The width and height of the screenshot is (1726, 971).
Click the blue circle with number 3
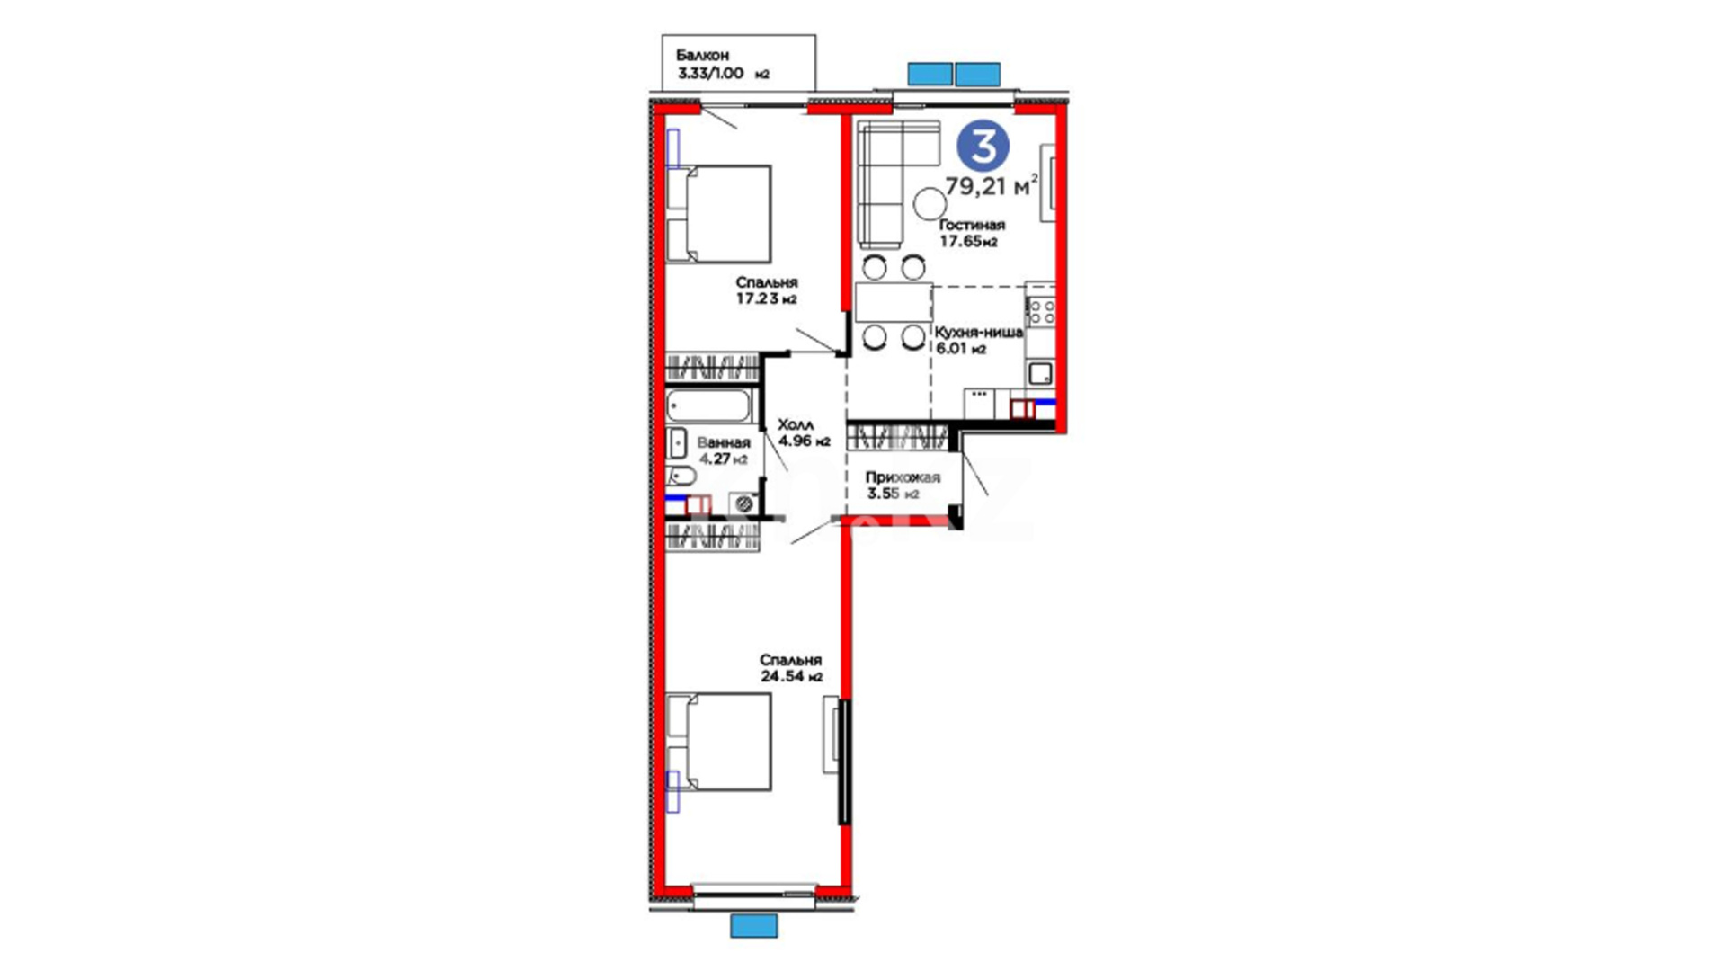[983, 147]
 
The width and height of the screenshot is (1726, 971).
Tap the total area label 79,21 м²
[992, 186]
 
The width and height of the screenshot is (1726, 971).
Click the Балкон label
[702, 56]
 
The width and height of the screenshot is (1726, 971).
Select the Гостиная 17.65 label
[972, 233]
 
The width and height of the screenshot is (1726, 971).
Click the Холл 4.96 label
[804, 432]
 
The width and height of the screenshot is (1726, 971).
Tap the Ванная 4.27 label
[724, 450]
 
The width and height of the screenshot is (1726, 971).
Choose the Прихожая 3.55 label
[903, 485]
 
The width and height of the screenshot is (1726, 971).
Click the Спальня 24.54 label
[791, 668]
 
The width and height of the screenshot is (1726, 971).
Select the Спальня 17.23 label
[767, 290]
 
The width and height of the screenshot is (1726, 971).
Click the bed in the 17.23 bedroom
[718, 214]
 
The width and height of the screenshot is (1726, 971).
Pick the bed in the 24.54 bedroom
[718, 742]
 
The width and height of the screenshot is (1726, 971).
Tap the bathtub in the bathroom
[709, 405]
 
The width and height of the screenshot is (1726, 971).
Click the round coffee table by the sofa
[930, 204]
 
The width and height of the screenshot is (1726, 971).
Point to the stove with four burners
[1041, 312]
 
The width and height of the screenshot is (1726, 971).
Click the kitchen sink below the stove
[1041, 372]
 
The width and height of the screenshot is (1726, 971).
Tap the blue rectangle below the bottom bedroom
[753, 926]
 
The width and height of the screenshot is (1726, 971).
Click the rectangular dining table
[894, 302]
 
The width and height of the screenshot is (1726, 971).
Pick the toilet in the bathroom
[681, 477]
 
